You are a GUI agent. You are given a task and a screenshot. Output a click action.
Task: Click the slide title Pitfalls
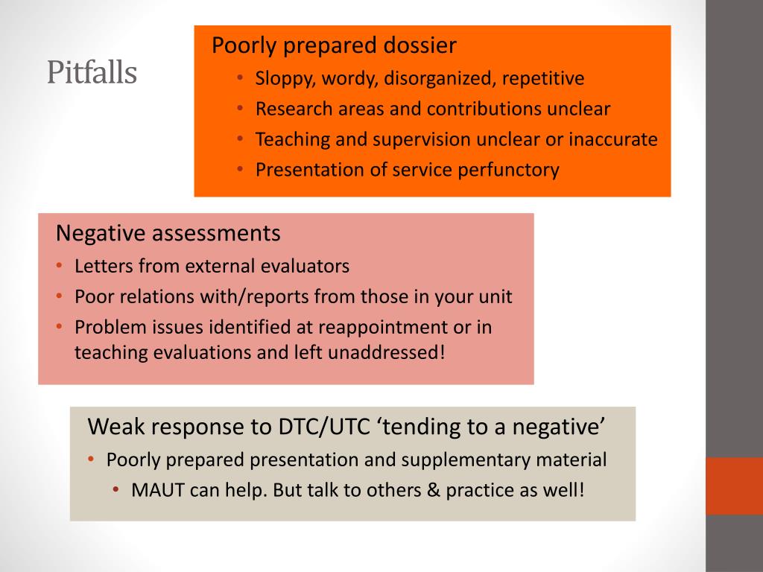pyautogui.click(x=92, y=73)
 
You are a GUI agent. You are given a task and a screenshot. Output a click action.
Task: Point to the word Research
pyautogui.click(x=293, y=109)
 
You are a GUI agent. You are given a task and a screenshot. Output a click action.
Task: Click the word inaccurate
pyautogui.click(x=615, y=139)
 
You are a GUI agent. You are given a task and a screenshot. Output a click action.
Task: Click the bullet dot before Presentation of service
pyautogui.click(x=240, y=170)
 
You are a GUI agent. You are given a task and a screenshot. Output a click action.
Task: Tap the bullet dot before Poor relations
pyautogui.click(x=59, y=296)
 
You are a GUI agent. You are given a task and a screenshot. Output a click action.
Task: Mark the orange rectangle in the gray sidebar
pyautogui.click(x=734, y=486)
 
